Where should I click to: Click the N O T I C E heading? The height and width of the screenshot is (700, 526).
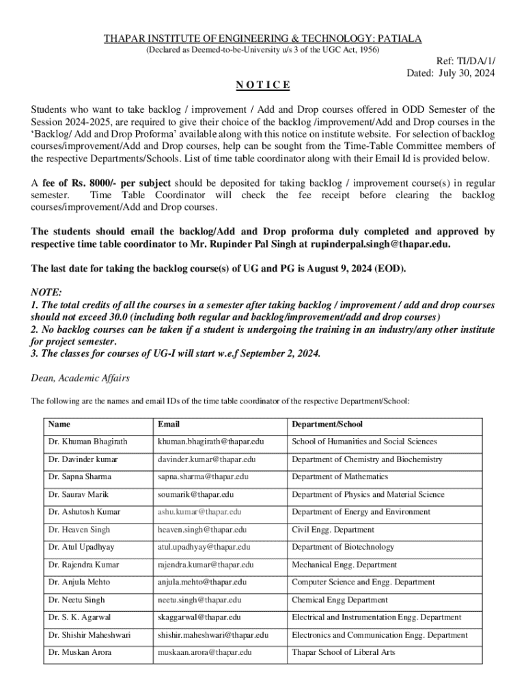(263, 85)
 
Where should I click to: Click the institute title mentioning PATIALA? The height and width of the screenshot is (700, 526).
(262, 39)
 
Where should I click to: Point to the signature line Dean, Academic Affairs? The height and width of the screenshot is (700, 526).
(81, 378)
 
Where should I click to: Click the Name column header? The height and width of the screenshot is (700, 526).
(59, 425)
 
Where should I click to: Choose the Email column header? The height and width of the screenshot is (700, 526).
(169, 425)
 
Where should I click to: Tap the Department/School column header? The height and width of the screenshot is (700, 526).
(327, 425)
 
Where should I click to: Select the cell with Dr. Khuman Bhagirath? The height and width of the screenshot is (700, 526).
(87, 442)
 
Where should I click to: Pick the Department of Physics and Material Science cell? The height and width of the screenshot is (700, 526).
(368, 494)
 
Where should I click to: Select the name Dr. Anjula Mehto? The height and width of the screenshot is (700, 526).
(79, 582)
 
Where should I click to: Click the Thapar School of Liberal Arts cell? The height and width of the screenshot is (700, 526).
(343, 652)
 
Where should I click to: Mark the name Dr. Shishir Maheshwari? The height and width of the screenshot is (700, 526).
(89, 635)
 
